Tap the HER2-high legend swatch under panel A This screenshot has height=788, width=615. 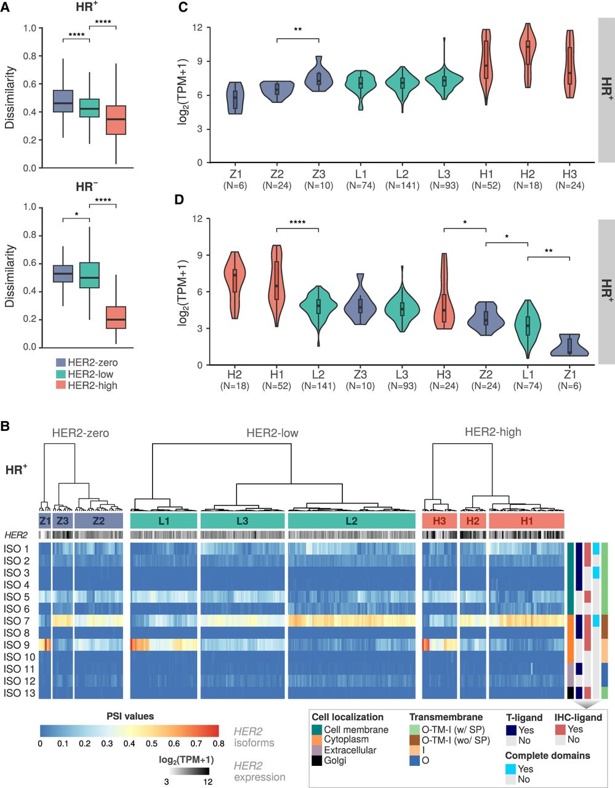pos(60,385)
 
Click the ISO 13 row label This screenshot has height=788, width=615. pos(19,693)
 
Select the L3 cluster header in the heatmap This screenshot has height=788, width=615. pos(243,521)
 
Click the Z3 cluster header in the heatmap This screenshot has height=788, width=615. pos(62,521)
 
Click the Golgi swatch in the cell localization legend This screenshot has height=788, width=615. pos(317,760)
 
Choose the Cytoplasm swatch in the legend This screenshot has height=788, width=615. pos(317,739)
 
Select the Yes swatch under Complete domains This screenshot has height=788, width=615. pos(511,769)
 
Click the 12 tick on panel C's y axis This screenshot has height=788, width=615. pos(198,28)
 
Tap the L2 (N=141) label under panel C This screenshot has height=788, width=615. pos(402,180)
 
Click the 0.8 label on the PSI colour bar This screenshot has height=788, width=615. pos(219,744)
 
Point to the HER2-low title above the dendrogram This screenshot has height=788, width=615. pos(272,433)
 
